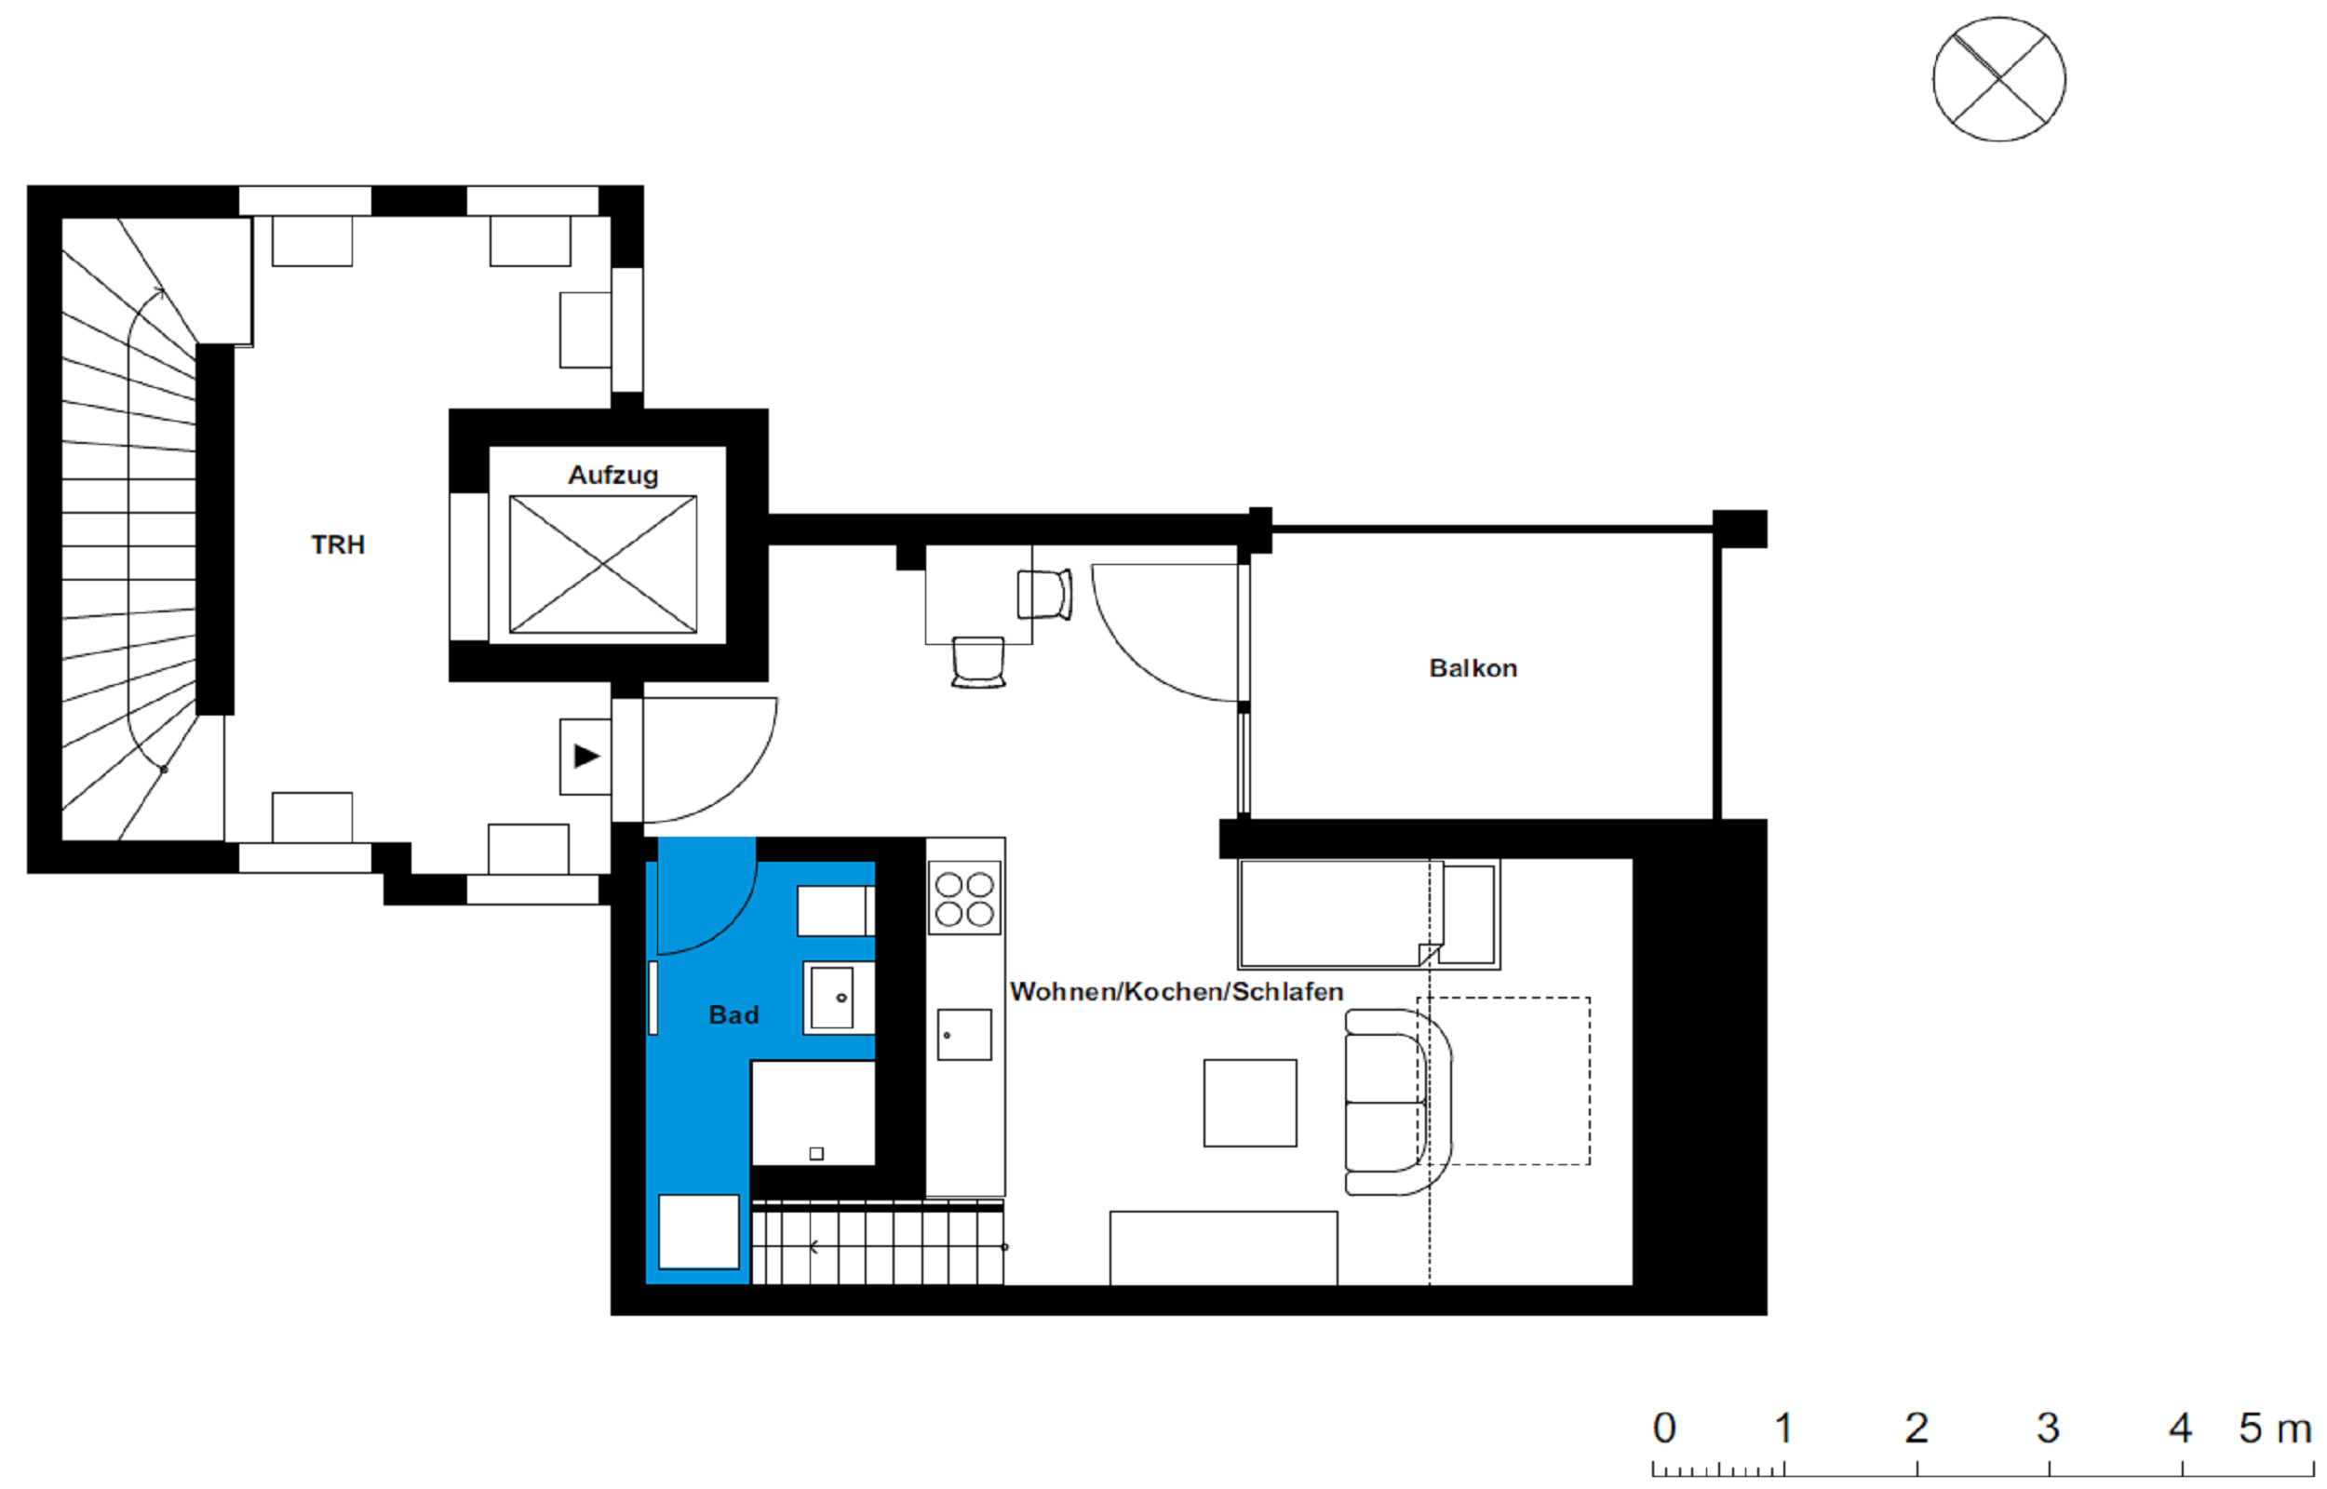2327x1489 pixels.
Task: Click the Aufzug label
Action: (x=612, y=475)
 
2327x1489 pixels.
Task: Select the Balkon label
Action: (x=1473, y=668)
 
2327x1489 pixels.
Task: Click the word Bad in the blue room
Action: (x=733, y=1014)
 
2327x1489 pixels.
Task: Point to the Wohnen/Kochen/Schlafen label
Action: (x=1177, y=991)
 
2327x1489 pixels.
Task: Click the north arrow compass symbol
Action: (x=1999, y=79)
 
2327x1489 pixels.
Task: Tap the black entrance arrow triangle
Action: (x=586, y=756)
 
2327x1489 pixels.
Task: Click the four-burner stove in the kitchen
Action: (x=965, y=898)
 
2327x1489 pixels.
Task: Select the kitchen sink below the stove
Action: (x=965, y=1034)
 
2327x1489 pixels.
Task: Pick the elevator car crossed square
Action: (x=603, y=565)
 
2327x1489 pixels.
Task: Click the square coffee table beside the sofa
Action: (x=1250, y=1103)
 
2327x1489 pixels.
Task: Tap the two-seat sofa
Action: (x=1398, y=1102)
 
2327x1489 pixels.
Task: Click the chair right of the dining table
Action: (x=1045, y=594)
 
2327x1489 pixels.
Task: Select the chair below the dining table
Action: (x=978, y=663)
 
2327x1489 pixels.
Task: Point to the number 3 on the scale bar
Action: (x=2048, y=1429)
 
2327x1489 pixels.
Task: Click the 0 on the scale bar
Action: (x=1663, y=1429)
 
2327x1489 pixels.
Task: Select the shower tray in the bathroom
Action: (x=813, y=1113)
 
